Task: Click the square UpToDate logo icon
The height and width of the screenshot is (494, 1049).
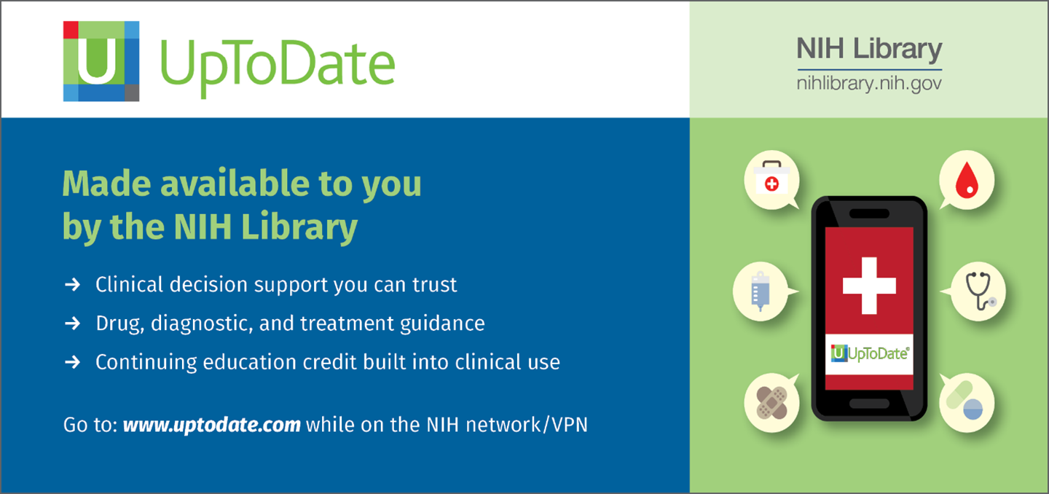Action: tap(101, 61)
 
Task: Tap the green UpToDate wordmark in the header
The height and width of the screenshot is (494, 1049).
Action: tap(278, 66)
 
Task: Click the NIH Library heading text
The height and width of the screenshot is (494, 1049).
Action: tap(869, 49)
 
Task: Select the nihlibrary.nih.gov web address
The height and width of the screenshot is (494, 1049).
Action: tap(869, 84)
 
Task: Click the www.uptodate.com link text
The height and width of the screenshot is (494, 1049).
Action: tap(212, 425)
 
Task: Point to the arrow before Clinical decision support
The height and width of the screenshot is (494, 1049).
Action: tap(73, 284)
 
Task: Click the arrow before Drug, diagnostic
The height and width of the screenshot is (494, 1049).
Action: tap(73, 323)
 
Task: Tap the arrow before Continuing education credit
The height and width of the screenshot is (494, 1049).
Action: tap(73, 362)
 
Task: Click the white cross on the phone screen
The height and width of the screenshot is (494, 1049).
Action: tap(869, 286)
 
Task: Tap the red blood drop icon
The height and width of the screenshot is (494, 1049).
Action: tap(967, 180)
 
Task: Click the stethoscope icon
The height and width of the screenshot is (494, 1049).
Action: tap(979, 291)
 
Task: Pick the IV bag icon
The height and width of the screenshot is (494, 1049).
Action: tap(760, 291)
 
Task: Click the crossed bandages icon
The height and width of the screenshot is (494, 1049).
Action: tap(771, 402)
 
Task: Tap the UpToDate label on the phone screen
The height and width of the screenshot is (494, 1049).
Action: tap(870, 353)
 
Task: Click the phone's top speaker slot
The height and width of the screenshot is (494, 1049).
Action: tap(869, 213)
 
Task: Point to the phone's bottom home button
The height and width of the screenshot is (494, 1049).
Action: tap(869, 404)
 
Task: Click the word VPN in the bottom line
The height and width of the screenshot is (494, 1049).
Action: tap(569, 425)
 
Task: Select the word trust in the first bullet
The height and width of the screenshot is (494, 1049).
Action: tap(435, 285)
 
